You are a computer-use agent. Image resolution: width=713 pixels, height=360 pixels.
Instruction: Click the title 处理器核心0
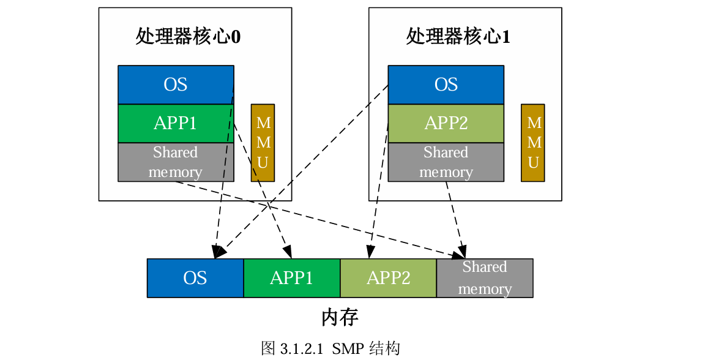(x=188, y=37)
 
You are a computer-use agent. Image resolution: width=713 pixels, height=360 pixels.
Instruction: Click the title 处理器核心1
(x=458, y=37)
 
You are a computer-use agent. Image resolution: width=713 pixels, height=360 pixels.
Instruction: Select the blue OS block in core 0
(x=176, y=84)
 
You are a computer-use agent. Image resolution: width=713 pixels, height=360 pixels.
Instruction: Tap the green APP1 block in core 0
(x=176, y=123)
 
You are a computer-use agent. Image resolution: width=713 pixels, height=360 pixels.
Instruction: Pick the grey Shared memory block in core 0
(x=176, y=162)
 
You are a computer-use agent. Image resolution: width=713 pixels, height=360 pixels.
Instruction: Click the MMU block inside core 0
(x=263, y=143)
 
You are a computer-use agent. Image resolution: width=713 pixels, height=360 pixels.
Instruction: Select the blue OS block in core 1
(x=446, y=84)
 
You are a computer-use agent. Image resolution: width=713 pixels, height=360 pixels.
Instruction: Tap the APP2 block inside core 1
(x=446, y=123)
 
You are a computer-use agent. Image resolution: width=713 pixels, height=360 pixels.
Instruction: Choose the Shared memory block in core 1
(x=446, y=162)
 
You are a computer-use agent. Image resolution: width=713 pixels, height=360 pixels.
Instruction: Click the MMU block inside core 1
(x=533, y=143)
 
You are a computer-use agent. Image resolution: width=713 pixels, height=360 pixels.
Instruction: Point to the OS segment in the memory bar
(x=195, y=278)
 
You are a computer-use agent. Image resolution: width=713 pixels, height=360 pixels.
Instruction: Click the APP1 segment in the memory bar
(x=292, y=278)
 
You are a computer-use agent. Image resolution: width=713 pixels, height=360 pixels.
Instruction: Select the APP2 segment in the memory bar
(x=388, y=278)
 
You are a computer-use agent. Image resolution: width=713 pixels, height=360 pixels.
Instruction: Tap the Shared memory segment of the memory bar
(x=485, y=278)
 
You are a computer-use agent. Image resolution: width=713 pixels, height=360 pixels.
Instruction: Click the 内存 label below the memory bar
(x=340, y=317)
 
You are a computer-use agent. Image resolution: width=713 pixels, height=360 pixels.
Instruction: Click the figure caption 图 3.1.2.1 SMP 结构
(x=330, y=348)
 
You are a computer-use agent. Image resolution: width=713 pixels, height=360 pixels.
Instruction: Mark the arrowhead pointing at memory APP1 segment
(x=287, y=253)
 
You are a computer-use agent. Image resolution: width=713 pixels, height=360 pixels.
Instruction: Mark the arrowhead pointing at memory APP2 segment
(x=370, y=252)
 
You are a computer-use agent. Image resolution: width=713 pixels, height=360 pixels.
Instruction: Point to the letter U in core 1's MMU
(x=533, y=163)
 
